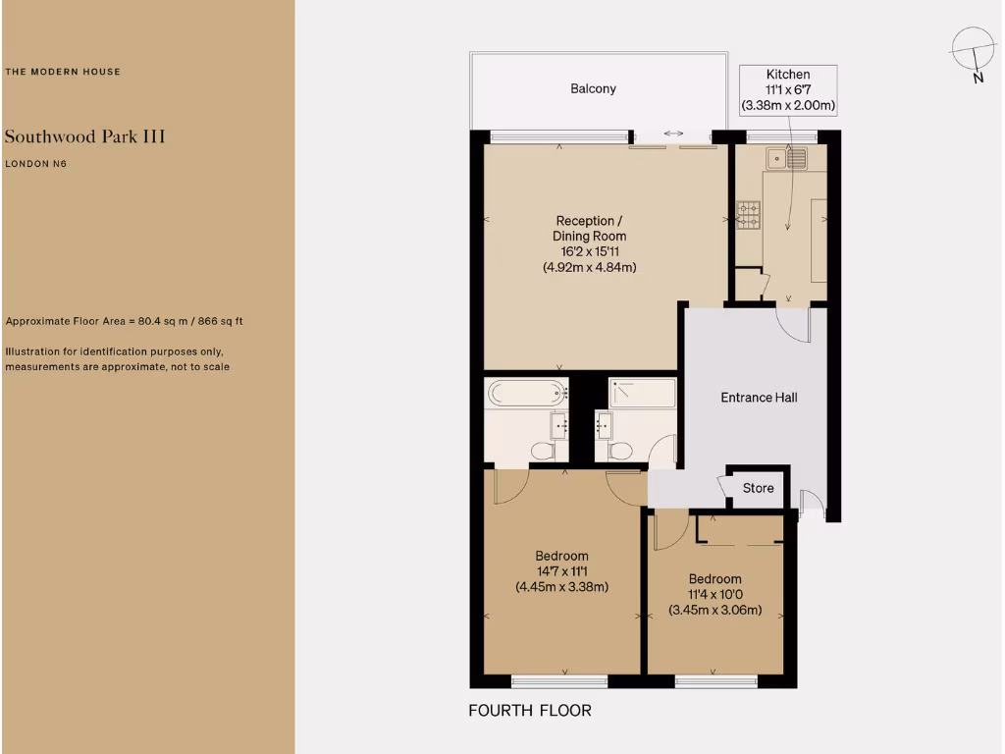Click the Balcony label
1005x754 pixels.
594,89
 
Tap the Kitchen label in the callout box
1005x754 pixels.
788,75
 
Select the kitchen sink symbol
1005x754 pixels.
787,157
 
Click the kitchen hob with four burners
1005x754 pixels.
748,215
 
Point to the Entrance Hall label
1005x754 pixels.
759,398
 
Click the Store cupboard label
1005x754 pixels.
758,488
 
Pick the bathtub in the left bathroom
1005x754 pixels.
527,393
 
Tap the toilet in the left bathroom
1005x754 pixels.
542,450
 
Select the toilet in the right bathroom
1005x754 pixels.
619,450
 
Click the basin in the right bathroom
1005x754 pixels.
603,425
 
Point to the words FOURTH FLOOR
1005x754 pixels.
530,710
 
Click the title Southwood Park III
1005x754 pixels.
84,136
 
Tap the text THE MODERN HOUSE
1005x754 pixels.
63,72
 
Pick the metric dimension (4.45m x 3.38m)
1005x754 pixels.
562,587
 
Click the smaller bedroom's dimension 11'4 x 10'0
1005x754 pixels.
714,595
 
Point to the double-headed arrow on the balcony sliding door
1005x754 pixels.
673,134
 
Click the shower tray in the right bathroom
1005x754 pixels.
642,393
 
